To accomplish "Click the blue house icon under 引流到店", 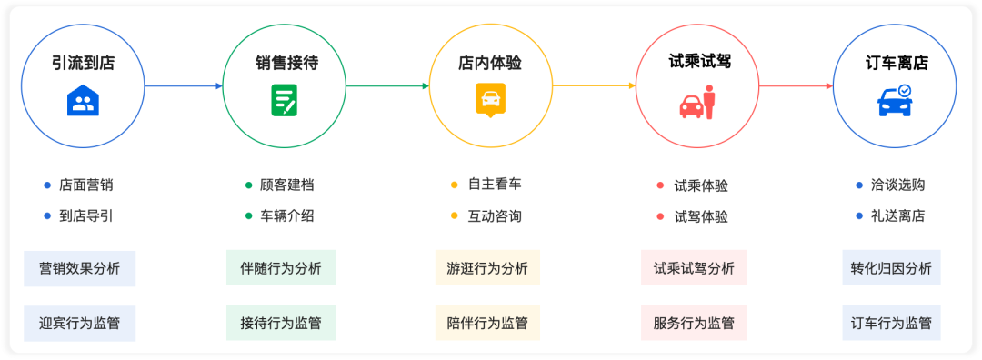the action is pos(84,100).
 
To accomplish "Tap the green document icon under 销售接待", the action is pos(285,100).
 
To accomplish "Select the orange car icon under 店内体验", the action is pos(490,101).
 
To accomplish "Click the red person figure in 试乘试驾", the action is pos(709,103).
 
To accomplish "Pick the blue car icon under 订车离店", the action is pos(895,101).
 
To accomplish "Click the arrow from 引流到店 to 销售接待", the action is pos(184,85).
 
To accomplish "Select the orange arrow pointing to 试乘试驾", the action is pos(595,85).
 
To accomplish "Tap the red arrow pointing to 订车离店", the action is pos(797,85).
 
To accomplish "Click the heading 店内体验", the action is pos(490,63).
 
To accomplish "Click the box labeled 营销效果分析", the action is pos(79,268).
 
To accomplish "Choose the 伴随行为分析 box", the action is pos(281,268).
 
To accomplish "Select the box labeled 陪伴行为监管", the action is pos(487,323).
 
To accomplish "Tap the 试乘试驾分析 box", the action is pos(694,268).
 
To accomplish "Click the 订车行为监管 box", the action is pos(891,323).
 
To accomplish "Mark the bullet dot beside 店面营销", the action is pos(46,185).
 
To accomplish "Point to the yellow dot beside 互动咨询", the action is pos(455,216).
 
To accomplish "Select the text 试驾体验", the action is pos(701,217).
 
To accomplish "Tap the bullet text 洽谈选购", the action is pos(897,185).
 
